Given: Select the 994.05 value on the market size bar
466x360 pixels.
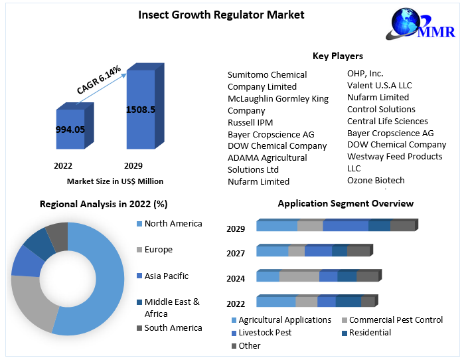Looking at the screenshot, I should [70, 130].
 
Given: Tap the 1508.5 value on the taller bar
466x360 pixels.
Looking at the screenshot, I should [140, 110].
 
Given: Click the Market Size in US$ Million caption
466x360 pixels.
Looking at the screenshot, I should [115, 181].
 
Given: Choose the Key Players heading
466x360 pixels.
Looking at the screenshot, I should [337, 56].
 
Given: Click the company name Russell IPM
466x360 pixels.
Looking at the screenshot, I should [250, 122].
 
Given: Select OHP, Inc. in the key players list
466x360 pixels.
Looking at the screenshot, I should [365, 73].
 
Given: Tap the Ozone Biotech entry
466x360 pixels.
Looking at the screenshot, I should [376, 180].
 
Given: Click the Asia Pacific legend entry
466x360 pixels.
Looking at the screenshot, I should [166, 276].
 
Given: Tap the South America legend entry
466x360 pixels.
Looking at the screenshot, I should [173, 327].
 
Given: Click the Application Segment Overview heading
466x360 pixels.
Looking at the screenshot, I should [345, 203].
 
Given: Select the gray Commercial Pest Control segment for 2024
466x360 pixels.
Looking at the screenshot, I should [299, 276].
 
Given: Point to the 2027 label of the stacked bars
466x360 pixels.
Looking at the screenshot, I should [236, 253].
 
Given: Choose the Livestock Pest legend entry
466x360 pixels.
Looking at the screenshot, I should [264, 332].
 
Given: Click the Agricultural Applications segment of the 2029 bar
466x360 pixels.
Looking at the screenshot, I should [276, 226].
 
